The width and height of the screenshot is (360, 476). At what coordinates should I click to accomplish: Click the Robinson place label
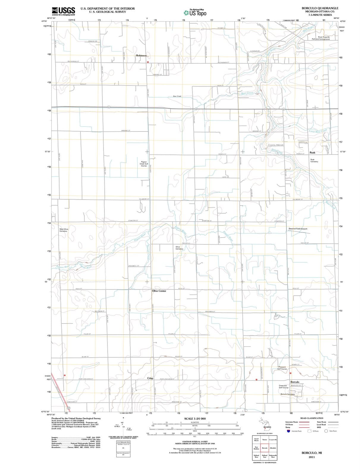pyautogui.click(x=141, y=56)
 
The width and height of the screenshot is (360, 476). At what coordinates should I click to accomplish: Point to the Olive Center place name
pyautogui.click(x=159, y=291)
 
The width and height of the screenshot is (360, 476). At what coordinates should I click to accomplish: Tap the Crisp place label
pyautogui.click(x=150, y=378)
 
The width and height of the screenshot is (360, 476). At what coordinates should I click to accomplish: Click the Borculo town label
pyautogui.click(x=295, y=382)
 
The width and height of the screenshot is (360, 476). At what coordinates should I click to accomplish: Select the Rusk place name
pyautogui.click(x=312, y=153)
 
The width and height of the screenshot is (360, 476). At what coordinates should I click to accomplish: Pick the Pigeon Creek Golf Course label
pyautogui.click(x=144, y=164)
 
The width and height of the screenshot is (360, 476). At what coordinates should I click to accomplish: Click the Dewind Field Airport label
pyautogui.click(x=298, y=229)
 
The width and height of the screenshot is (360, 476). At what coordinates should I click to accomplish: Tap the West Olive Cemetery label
pyautogui.click(x=64, y=230)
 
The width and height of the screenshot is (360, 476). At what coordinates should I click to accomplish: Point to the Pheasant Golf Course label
pyautogui.click(x=282, y=368)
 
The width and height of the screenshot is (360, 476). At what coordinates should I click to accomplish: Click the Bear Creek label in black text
pyautogui.click(x=177, y=96)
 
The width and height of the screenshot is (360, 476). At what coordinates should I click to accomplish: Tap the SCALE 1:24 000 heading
pyautogui.click(x=195, y=419)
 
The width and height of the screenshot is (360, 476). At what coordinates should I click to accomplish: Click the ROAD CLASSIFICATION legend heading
pyautogui.click(x=312, y=418)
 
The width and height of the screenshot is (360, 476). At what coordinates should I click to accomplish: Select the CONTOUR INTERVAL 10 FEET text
pyautogui.click(x=195, y=441)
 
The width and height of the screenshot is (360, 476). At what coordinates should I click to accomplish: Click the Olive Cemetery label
pyautogui.click(x=179, y=248)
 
